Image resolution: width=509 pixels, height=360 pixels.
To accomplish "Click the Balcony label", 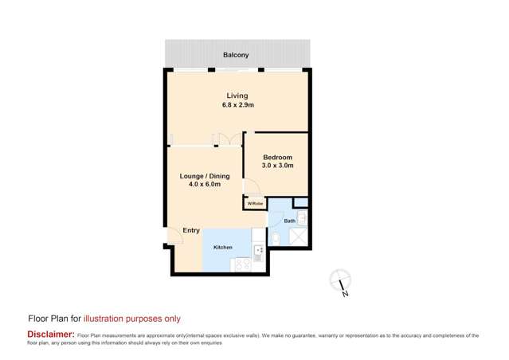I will [236, 55].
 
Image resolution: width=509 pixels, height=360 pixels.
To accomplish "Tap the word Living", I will [237, 94].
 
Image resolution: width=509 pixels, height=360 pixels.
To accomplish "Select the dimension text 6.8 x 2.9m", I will [237, 104].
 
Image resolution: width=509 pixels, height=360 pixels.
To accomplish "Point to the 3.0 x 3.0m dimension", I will [278, 166].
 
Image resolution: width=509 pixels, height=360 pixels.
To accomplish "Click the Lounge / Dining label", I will [205, 175].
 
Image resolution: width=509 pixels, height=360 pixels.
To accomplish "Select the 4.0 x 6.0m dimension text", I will [205, 184].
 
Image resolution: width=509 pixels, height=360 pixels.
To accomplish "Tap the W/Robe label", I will [254, 204].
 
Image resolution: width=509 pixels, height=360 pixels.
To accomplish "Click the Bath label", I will [290, 221].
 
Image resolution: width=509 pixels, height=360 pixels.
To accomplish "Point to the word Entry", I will [191, 230].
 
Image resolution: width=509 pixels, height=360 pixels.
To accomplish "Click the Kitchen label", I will [223, 248].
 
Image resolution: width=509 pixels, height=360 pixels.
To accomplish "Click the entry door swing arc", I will [172, 237].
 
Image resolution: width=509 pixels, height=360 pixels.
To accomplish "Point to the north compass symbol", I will [342, 280].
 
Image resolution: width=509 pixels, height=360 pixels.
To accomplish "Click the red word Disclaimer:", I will [51, 335].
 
